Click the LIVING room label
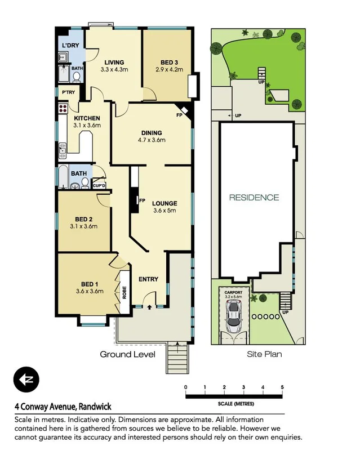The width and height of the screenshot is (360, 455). (114, 63)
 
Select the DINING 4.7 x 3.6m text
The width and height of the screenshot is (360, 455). (152, 137)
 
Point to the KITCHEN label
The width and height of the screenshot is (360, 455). (87, 118)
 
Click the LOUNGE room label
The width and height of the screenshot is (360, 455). (165, 203)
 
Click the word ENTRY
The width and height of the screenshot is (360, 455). (149, 279)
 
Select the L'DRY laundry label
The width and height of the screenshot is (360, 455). (70, 45)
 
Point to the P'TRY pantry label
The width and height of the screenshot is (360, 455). (68, 92)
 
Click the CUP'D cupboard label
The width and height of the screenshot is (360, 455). (99, 185)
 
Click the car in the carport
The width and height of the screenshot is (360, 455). (233, 316)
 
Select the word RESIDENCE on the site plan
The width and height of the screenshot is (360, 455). (254, 198)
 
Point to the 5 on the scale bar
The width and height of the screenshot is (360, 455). (282, 387)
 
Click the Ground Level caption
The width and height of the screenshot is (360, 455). (127, 354)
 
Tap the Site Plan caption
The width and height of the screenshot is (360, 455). (264, 354)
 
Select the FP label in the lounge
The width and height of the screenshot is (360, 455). (143, 200)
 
